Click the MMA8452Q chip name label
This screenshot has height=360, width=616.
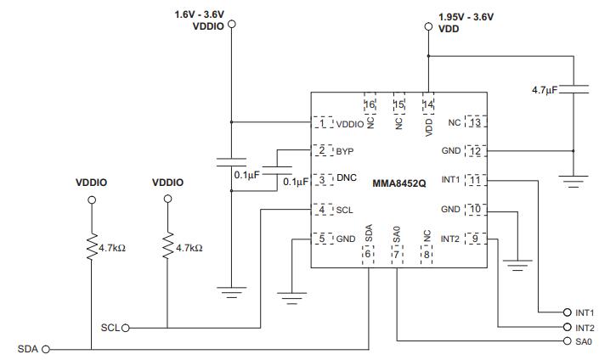coord(398,182)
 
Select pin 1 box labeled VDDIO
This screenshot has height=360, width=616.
coord(323,123)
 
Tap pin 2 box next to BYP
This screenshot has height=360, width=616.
coord(323,150)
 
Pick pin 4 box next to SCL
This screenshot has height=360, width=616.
coord(323,209)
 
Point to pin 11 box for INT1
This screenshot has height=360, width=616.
coord(475,180)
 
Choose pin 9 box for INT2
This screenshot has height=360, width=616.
coord(475,239)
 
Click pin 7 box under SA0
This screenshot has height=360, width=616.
coord(397,254)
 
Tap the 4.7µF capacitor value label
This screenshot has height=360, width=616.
coord(544,89)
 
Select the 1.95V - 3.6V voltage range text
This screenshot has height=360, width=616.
coord(466,16)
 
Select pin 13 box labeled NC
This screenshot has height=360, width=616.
coord(475,123)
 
